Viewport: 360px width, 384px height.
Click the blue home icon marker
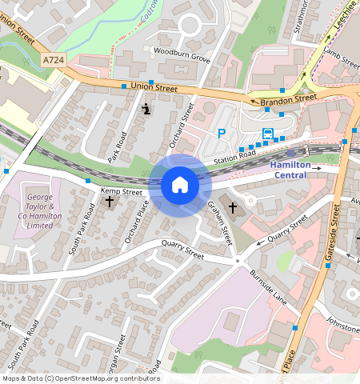[x=180, y=185]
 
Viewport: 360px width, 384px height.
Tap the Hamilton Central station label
[x=296, y=170]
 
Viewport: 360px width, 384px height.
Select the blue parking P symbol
[x=222, y=134]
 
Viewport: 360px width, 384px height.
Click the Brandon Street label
[x=284, y=99]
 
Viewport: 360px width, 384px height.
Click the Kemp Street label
[x=121, y=192]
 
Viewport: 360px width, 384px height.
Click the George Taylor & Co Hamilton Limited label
[x=45, y=212]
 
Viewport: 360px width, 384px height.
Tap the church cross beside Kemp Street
[x=110, y=202]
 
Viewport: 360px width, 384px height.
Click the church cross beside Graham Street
[x=233, y=209]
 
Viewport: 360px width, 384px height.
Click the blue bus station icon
[x=267, y=134]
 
